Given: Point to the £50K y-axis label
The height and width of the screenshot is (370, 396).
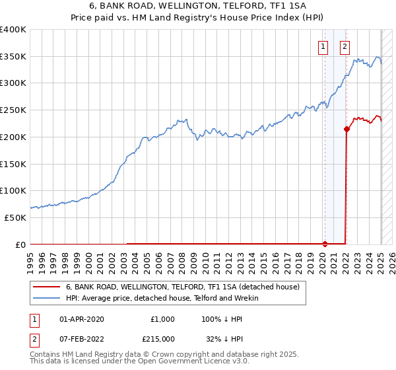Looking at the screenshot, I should tap(15, 217).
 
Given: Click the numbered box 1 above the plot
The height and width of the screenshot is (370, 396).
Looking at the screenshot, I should tap(323, 46).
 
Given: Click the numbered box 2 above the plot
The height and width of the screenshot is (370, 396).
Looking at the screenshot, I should tap(345, 46).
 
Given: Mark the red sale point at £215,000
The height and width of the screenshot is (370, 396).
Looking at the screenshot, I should tap(346, 129).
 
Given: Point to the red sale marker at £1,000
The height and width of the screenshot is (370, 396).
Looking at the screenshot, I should tap(325, 244).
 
